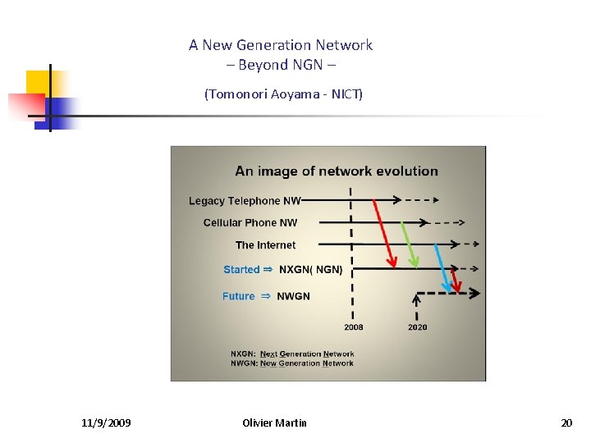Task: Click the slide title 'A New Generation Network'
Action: (280, 45)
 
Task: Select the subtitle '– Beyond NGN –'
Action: (280, 65)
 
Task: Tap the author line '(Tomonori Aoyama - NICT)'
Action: (283, 94)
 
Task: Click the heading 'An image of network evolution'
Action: (337, 171)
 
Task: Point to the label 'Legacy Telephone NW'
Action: (245, 201)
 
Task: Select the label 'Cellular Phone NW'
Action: (250, 223)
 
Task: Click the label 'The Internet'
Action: (265, 245)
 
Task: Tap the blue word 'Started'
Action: (241, 270)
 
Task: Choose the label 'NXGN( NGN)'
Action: (310, 270)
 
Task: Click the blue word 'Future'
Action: (238, 296)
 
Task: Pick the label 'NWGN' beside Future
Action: (293, 296)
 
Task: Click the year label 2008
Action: (354, 327)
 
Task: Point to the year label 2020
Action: (417, 327)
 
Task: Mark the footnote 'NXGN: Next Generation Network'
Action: (292, 354)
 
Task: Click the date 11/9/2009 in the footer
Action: (106, 423)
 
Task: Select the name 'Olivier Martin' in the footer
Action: (275, 423)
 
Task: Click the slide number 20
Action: (566, 423)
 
